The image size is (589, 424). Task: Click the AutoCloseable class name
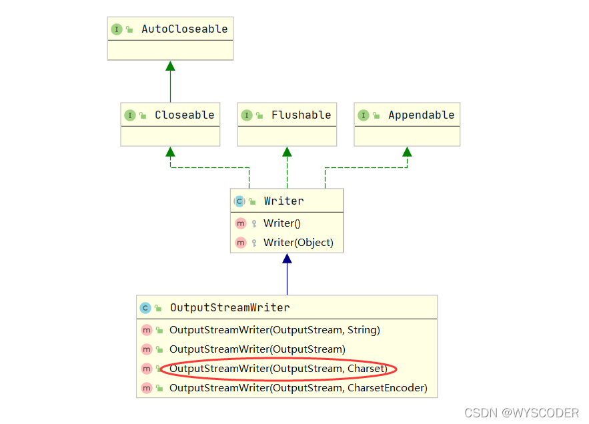coord(184,29)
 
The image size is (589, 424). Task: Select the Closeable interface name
coord(184,115)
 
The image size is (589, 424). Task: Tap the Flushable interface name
coord(301,115)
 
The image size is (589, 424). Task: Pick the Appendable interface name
coord(421,115)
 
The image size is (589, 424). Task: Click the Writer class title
coord(283,201)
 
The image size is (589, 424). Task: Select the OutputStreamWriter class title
coord(229,308)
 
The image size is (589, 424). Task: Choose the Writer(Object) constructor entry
coord(298,243)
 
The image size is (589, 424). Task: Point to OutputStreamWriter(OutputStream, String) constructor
coord(274,330)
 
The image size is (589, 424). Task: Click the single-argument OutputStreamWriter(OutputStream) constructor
coord(257,349)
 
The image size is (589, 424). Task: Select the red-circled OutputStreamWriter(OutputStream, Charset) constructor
coord(278,369)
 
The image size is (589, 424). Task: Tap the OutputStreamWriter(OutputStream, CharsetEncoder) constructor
coord(298,388)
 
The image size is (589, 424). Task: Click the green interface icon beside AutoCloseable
coord(117,29)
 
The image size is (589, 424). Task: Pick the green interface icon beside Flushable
coord(247,115)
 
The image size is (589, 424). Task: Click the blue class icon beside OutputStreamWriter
coord(145,308)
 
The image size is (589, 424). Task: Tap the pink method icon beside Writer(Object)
coord(241,243)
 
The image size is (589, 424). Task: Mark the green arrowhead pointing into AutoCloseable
coord(170,65)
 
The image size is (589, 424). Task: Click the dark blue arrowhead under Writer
coord(287,258)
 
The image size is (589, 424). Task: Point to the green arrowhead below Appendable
coord(407,151)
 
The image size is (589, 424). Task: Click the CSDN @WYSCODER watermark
coord(521,413)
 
